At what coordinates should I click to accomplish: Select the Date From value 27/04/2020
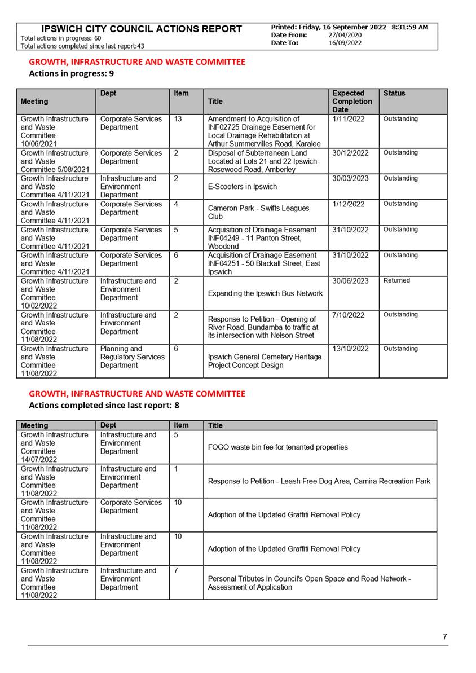point(345,35)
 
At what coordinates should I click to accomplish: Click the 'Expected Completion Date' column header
point(352,102)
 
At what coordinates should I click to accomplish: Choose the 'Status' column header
point(394,93)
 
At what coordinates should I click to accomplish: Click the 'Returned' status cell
point(396,280)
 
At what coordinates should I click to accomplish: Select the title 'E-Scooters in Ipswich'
point(243,187)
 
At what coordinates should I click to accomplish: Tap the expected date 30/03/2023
point(350,178)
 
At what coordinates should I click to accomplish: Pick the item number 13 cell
point(179,119)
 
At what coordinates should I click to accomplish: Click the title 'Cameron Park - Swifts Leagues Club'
point(258,212)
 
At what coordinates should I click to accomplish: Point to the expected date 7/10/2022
point(349,315)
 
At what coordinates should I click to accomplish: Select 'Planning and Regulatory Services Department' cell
point(133,357)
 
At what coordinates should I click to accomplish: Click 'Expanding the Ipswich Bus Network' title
point(265,293)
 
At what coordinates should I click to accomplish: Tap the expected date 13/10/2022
point(350,349)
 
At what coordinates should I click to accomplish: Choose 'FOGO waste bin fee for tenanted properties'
point(277,447)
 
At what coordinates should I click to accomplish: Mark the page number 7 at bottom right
point(445,637)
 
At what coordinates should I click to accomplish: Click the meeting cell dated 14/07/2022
point(55,447)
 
